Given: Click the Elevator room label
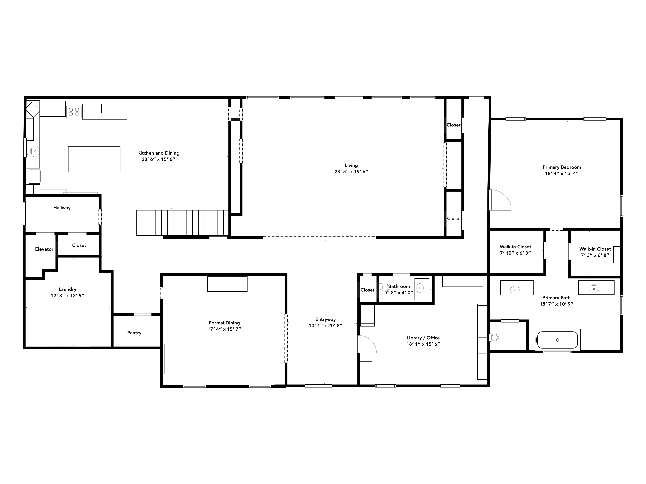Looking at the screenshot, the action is [44, 249].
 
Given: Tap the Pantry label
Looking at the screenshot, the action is [134, 333].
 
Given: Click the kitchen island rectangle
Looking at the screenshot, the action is [94, 159].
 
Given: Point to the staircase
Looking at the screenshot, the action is [182, 223].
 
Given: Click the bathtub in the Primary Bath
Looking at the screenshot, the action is [557, 340].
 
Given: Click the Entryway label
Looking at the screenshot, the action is [326, 319].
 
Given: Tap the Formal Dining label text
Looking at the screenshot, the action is [224, 323].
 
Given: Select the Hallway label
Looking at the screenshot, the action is [62, 208].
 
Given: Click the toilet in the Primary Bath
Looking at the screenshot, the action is [494, 338].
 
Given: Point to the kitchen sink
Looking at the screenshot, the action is [35, 151].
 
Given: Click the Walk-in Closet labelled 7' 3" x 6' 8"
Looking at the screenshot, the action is [595, 252].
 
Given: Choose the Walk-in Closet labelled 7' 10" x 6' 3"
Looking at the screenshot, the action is [515, 250].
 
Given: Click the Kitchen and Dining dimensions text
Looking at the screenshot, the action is [158, 159].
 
